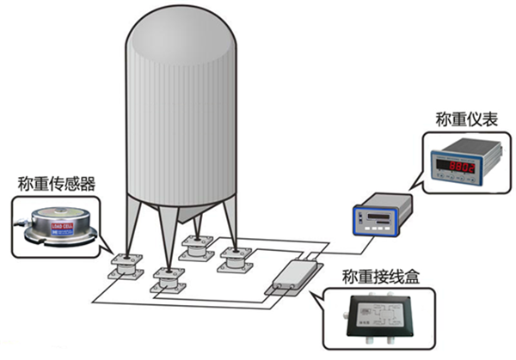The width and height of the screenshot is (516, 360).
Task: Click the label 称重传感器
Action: [57, 183]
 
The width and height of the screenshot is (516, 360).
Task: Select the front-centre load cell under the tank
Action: [167, 280]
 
